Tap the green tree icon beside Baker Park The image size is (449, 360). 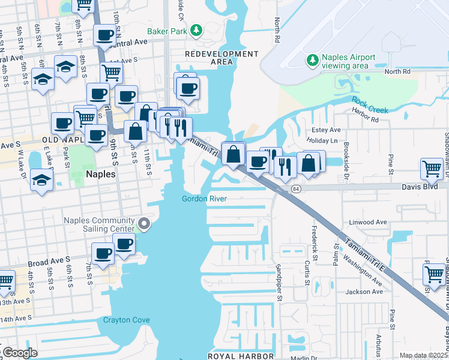click(x=196, y=30)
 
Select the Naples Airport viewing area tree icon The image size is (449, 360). click(x=312, y=59)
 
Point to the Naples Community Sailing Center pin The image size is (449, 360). click(x=143, y=224)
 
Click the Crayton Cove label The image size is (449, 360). click(x=126, y=320)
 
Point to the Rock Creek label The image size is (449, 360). click(x=370, y=105)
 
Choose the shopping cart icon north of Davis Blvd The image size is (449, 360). click(x=432, y=169)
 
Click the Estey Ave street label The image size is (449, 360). click(x=326, y=130)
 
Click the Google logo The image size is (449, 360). click(x=20, y=353)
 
